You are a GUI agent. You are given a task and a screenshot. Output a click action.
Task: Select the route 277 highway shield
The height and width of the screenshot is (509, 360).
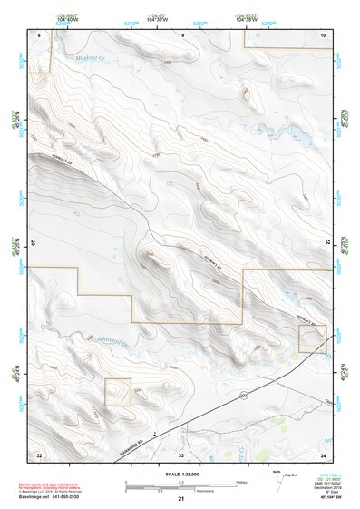[243, 396]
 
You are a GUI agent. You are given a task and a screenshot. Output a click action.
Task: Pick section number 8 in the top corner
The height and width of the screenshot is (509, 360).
[39, 34]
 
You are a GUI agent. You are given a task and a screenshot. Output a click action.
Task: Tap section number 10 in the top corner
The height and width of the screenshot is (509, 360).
[323, 34]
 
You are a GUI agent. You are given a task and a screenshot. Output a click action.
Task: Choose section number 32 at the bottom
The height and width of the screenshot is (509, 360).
[39, 453]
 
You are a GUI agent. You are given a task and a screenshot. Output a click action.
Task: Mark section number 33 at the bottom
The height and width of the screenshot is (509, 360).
[181, 453]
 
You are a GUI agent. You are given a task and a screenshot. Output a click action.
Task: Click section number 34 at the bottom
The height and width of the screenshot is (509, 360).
[323, 453]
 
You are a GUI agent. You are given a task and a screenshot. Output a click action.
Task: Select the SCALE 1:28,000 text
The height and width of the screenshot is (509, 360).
[180, 474]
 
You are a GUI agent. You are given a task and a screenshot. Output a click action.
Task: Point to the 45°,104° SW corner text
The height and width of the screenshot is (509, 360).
[324, 498]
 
